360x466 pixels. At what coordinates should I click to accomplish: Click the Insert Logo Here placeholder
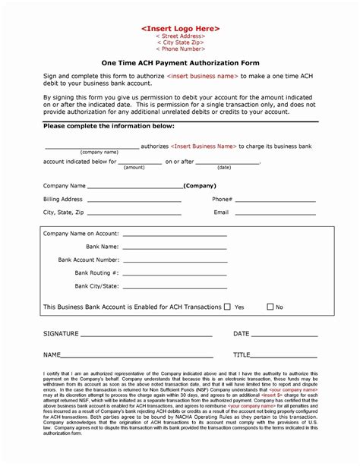(180, 28)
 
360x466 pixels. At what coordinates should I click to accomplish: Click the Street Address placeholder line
(180, 36)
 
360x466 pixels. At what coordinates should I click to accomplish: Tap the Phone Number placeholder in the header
(180, 49)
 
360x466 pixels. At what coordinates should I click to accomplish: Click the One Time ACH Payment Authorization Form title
(179, 64)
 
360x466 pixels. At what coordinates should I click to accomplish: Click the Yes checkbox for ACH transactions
(227, 307)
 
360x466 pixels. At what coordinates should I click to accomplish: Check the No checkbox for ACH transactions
(270, 307)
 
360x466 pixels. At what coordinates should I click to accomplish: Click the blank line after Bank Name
(174, 247)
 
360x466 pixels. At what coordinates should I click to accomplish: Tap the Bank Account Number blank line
(174, 260)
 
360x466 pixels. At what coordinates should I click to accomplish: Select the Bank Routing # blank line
(174, 273)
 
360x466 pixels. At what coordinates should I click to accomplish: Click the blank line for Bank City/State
(174, 287)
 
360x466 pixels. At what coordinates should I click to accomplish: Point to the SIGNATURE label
(62, 334)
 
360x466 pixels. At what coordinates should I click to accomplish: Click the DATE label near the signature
(241, 334)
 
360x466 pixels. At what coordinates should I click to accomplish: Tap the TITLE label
(242, 354)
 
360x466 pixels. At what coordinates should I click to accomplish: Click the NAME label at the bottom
(52, 354)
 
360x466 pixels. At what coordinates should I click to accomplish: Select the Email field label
(221, 213)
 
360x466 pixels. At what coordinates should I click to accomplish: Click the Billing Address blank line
(134, 201)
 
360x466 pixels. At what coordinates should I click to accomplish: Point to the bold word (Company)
(200, 186)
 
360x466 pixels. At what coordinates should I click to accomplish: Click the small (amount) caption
(134, 167)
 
